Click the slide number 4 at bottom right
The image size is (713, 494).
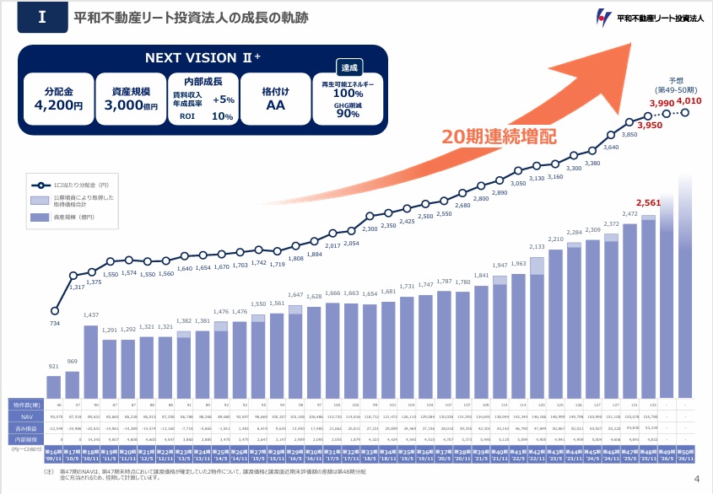pos(697,479)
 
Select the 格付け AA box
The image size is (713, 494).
pos(275,98)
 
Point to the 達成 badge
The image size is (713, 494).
pos(348,67)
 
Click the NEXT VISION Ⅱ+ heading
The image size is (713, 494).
pos(203,57)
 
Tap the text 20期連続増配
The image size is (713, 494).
pos(500,135)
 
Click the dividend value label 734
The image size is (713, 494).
pos(54,324)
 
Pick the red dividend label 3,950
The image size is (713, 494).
pos(650,125)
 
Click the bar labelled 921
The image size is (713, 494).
pos(54,386)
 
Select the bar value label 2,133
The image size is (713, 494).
pos(537,247)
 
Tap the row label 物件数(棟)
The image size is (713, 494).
pos(28,405)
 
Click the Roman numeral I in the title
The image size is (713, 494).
pos(41,17)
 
